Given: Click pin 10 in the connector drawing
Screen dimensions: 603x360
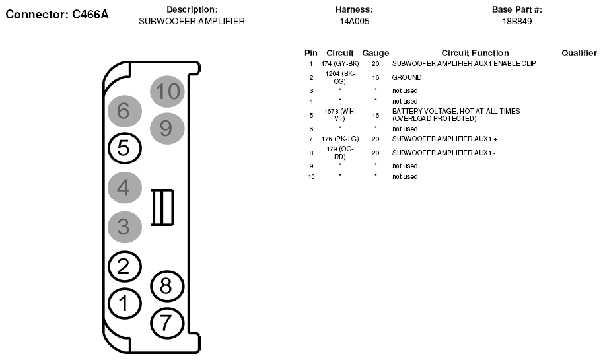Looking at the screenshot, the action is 167,92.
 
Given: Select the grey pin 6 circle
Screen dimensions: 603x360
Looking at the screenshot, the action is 125,111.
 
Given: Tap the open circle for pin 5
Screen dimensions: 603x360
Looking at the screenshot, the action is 125,149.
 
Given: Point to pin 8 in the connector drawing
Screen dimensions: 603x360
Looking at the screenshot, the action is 167,286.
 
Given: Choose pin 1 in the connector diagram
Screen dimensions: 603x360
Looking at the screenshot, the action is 125,304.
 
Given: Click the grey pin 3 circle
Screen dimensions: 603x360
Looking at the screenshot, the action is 125,227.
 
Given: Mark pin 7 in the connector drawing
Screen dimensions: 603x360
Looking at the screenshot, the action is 167,323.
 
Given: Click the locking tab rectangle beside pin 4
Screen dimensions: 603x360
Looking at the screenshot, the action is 162,207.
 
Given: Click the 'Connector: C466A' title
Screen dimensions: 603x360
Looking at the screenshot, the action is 57,15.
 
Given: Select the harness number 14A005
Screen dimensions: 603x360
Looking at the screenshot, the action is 354,22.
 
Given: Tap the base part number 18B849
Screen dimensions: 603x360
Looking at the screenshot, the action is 517,22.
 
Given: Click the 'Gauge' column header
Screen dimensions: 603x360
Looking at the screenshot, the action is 375,53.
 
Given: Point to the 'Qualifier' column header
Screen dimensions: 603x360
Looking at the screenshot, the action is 579,53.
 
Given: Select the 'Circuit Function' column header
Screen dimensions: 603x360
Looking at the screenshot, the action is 475,53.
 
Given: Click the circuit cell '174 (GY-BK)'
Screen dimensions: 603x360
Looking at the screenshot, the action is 340,64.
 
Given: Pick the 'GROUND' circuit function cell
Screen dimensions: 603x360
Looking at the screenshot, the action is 406,77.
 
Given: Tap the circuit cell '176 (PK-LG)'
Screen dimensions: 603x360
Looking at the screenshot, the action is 340,139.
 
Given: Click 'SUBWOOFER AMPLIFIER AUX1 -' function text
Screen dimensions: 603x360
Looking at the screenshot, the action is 444,153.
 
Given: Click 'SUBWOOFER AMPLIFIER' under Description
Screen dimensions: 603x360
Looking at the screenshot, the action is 192,22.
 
